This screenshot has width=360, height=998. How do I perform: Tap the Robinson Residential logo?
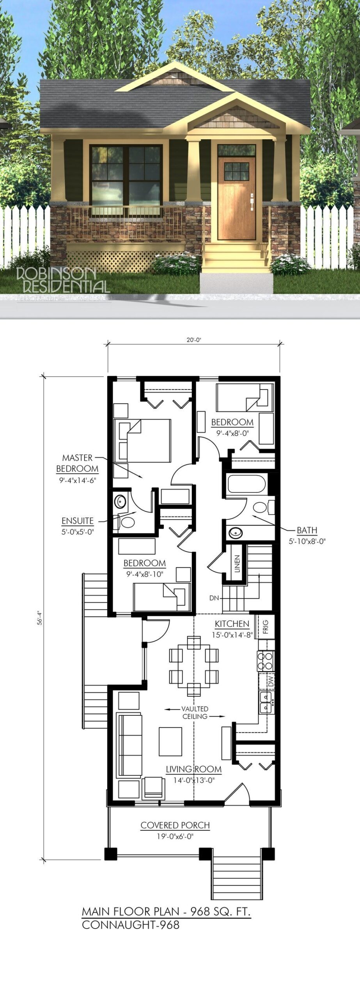point(62,280)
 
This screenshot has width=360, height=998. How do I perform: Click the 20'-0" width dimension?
point(193,340)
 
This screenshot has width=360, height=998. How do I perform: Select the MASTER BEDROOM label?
point(77,463)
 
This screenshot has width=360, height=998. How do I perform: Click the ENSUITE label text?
point(78,521)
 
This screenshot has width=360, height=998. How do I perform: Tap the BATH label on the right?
point(307,530)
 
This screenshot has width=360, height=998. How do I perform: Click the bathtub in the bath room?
point(247,484)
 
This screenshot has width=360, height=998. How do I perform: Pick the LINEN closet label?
point(237,564)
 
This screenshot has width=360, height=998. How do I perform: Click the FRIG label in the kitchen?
point(266,627)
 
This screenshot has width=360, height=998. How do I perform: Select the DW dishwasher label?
point(271,681)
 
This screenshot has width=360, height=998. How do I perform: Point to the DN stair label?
point(214,598)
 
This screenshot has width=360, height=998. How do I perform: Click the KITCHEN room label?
point(232,624)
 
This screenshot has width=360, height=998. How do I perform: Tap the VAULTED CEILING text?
point(195,713)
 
